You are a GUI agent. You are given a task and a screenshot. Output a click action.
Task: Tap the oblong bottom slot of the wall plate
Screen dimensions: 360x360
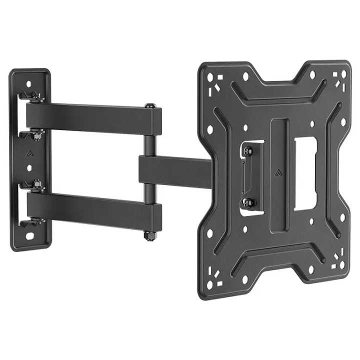tap(30, 235)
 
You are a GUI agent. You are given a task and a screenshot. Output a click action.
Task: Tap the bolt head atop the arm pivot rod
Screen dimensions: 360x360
tap(149, 106)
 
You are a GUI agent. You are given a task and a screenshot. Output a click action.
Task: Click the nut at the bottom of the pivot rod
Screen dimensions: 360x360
tap(149, 235)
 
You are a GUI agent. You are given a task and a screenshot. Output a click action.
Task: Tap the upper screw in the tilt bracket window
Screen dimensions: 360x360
tap(248, 150)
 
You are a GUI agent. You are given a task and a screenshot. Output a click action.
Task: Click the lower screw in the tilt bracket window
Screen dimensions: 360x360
tap(248, 202)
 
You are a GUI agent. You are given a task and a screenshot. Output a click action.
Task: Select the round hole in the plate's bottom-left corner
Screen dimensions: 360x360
tap(210, 285)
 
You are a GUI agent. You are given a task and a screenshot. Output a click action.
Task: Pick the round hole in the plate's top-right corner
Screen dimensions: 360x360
tap(343, 73)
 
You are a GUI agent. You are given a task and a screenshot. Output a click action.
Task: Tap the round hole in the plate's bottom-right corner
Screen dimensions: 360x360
tap(342, 265)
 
